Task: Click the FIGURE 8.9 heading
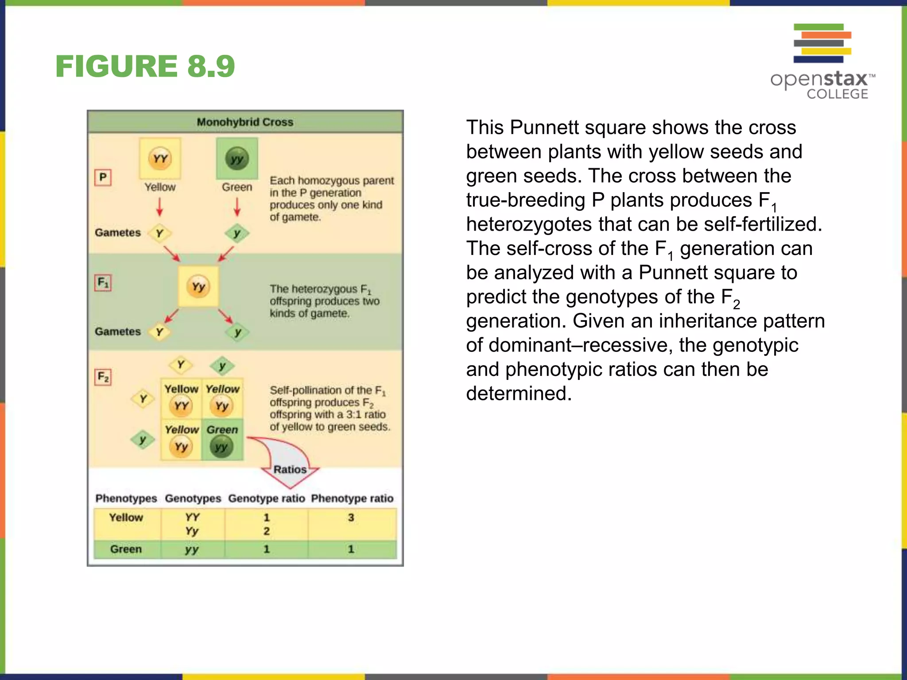(x=145, y=66)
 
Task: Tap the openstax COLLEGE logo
(x=822, y=62)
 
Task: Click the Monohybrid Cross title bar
(x=245, y=122)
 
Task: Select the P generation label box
(x=103, y=178)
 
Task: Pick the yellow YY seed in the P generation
(x=160, y=158)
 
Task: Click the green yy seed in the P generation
(x=237, y=158)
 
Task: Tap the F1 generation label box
(x=103, y=282)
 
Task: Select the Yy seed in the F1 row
(x=198, y=286)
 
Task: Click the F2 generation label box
(x=103, y=377)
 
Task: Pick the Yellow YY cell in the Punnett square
(x=181, y=399)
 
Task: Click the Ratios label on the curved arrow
(x=290, y=469)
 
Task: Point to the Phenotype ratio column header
(x=352, y=498)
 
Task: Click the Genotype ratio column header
(x=267, y=498)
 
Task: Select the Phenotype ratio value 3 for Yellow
(x=351, y=518)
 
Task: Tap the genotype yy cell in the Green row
(x=192, y=549)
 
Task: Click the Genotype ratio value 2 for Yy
(x=267, y=531)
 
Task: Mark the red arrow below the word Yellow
(x=159, y=207)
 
